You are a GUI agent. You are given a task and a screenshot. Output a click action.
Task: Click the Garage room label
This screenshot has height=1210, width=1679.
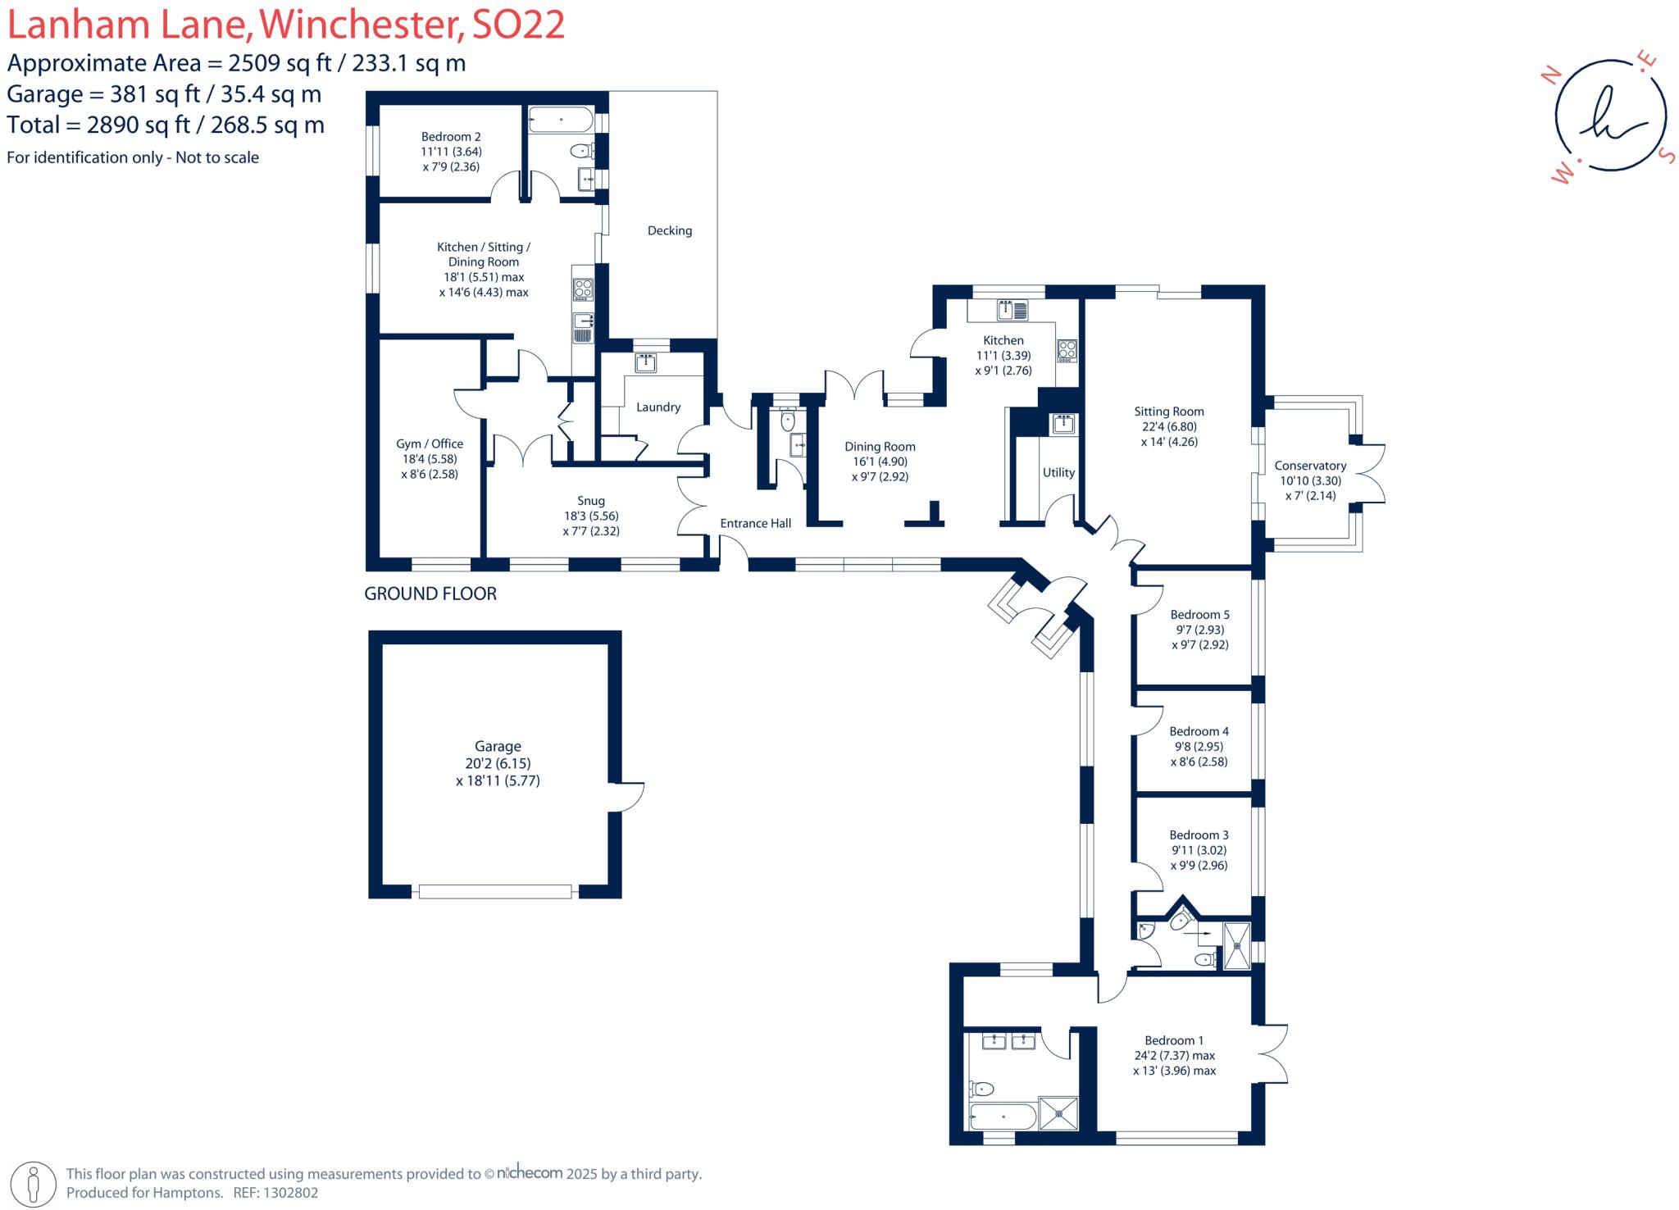pyautogui.click(x=498, y=747)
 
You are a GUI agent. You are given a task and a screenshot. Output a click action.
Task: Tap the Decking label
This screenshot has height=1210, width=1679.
pyautogui.click(x=670, y=231)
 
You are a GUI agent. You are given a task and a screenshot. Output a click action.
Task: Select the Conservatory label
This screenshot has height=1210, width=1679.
pyautogui.click(x=1310, y=466)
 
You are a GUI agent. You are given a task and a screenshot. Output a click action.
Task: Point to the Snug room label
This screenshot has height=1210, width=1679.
pyautogui.click(x=591, y=501)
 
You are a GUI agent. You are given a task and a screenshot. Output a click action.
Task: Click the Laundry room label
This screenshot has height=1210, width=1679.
pyautogui.click(x=658, y=407)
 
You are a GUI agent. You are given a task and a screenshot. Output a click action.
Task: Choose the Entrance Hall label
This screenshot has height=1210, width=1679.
pyautogui.click(x=755, y=523)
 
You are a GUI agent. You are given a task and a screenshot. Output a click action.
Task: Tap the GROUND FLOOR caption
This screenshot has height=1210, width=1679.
pyautogui.click(x=430, y=594)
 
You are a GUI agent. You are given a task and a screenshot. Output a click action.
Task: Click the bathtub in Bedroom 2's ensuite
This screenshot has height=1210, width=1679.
pyautogui.click(x=561, y=120)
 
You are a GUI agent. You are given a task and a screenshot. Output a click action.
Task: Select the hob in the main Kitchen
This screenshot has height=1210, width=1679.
pyautogui.click(x=1067, y=350)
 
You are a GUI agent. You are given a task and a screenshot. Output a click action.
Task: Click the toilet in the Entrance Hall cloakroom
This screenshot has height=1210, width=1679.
pyautogui.click(x=788, y=421)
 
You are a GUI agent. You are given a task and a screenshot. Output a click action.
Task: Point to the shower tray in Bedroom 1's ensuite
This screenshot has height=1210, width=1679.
pyautogui.click(x=1058, y=1113)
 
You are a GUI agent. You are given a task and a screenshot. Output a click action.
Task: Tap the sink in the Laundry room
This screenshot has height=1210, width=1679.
pyautogui.click(x=645, y=362)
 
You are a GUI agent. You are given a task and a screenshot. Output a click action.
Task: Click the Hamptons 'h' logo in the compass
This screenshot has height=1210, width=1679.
pyautogui.click(x=1610, y=115)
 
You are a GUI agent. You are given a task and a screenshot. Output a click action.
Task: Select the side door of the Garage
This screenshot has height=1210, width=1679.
pyautogui.click(x=626, y=796)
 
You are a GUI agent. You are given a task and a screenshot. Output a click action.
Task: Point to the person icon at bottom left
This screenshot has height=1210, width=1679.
pyautogui.click(x=34, y=1184)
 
